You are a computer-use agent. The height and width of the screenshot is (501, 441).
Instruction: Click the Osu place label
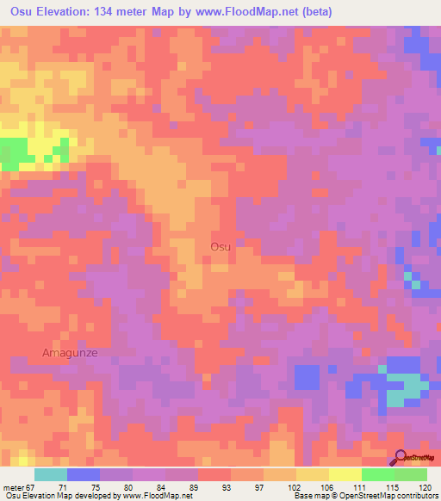pos(220,247)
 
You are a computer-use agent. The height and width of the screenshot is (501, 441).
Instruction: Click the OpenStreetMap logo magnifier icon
pos(400,458)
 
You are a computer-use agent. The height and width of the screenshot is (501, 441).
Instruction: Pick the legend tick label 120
pos(425,487)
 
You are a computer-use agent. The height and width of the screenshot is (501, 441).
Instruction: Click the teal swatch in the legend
pos(51,474)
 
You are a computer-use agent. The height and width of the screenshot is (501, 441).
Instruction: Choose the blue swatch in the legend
pos(84,474)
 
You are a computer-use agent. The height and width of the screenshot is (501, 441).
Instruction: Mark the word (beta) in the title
pos(315,12)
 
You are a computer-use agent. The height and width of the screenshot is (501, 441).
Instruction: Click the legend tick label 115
pos(394,487)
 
